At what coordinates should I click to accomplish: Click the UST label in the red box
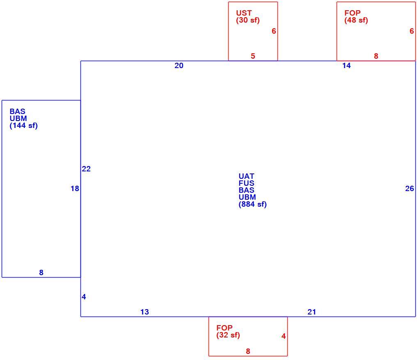[244, 13]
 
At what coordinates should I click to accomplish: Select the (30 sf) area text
[248, 20]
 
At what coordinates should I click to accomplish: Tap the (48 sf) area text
[356, 20]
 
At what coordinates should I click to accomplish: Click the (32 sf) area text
[228, 335]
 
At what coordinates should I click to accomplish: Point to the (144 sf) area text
[24, 125]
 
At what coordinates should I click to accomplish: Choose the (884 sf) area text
[253, 204]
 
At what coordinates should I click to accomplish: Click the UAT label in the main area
[246, 176]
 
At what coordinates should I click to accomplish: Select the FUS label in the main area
[246, 183]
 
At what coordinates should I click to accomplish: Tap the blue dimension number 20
[179, 66]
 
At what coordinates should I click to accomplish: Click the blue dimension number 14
[346, 66]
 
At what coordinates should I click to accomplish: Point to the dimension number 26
[410, 188]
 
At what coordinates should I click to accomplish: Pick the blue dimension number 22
[86, 169]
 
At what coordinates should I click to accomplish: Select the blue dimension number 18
[75, 188]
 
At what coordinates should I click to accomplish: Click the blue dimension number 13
[144, 312]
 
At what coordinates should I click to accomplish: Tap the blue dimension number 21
[312, 312]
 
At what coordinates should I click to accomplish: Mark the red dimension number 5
[253, 56]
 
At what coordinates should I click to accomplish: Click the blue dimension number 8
[41, 272]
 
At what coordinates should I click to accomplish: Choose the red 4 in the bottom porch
[284, 336]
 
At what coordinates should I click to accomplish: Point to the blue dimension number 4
[84, 297]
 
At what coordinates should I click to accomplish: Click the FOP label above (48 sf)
[353, 13]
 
